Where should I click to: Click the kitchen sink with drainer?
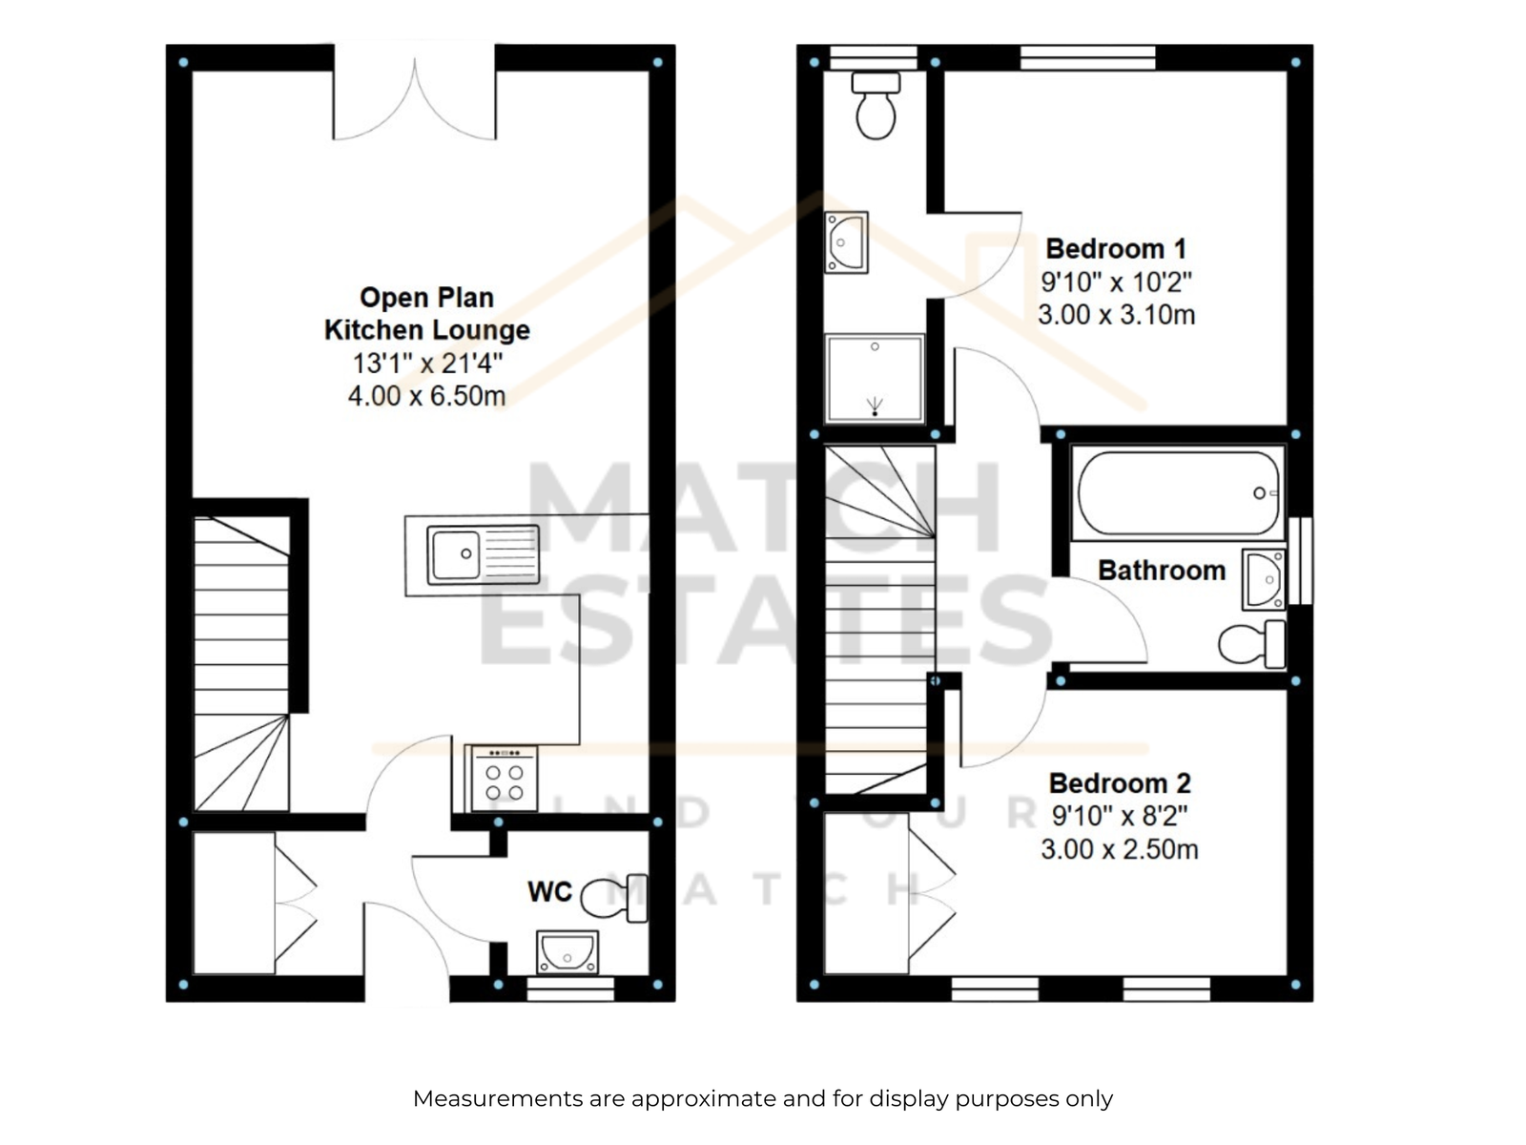[x=483, y=554]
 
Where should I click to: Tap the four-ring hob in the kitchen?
[x=504, y=778]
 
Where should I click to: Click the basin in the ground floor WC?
[x=567, y=951]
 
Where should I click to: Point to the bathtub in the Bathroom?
[x=1178, y=493]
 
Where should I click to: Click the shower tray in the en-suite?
[x=874, y=379]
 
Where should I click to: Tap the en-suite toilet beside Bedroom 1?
[x=876, y=106]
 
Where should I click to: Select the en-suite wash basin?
[x=846, y=242]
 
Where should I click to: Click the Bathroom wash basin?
[x=1263, y=579]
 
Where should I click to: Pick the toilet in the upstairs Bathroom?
[x=1251, y=644]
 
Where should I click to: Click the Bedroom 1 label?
[x=1116, y=249]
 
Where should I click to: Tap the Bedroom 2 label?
[x=1120, y=783]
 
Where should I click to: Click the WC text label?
[x=549, y=892]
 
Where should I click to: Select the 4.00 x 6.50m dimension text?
[x=426, y=396]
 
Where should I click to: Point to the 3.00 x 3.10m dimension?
[x=1117, y=315]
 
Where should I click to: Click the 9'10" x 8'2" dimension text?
[x=1120, y=816]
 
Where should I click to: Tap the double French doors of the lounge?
[x=414, y=93]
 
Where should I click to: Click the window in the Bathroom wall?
[x=1301, y=560]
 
